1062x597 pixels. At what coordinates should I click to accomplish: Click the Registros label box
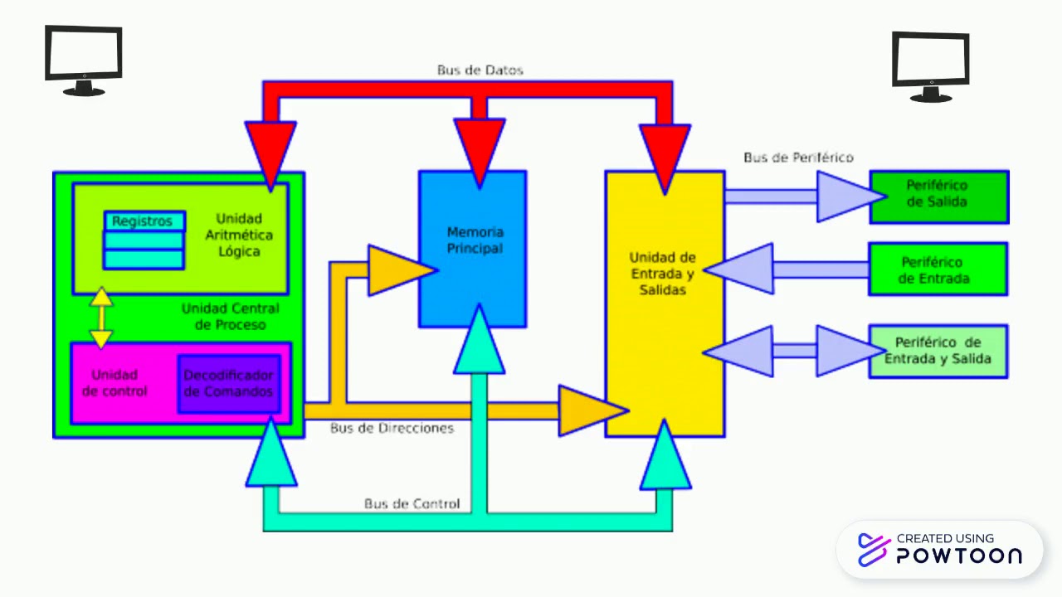[144, 221]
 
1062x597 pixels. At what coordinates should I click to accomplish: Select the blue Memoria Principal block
[473, 249]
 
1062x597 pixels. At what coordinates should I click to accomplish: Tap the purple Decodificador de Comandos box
[229, 384]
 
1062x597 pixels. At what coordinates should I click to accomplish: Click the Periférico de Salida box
[938, 197]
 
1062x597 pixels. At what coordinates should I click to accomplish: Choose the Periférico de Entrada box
[938, 269]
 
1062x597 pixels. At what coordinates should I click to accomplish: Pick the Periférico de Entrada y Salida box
[938, 351]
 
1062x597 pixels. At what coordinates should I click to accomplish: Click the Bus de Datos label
[480, 70]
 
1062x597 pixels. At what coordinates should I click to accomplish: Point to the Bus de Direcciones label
[392, 429]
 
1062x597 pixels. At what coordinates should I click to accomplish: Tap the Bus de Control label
[412, 504]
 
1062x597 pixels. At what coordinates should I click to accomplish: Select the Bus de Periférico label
[797, 158]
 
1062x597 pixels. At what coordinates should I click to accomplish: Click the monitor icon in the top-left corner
[84, 61]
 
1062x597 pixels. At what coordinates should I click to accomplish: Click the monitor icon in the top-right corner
[931, 66]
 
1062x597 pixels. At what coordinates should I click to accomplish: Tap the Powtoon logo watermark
[940, 550]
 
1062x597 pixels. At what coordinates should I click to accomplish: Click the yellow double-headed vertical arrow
[101, 318]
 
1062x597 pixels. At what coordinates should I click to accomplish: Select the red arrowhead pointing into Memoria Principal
[480, 149]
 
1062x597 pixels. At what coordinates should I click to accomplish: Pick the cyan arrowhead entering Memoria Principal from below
[479, 342]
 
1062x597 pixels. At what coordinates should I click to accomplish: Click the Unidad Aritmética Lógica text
[238, 235]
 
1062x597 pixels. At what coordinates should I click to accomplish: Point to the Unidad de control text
[114, 383]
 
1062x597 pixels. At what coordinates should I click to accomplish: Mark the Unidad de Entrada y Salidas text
[662, 274]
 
